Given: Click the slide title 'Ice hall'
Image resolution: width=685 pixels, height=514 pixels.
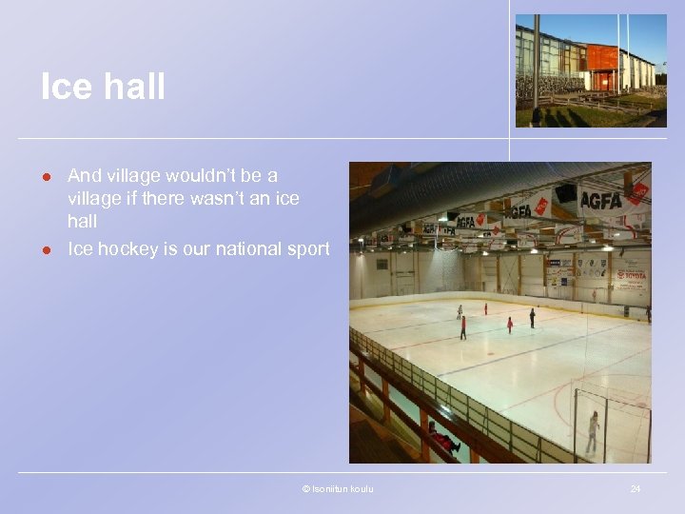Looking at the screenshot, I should pyautogui.click(x=103, y=87).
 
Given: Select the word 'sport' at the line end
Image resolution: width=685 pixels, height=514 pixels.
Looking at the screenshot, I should pyautogui.click(x=308, y=249).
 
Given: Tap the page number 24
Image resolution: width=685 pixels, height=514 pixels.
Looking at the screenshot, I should pyautogui.click(x=635, y=489).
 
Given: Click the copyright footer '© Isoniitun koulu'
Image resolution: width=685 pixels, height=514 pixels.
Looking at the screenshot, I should pyautogui.click(x=338, y=489).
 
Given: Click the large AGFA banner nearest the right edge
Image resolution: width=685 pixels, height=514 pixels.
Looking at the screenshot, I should pyautogui.click(x=600, y=200).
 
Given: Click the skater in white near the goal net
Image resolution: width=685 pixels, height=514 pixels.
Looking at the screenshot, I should pyautogui.click(x=594, y=430).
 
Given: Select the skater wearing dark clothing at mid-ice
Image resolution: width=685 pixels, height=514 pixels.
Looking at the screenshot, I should pyautogui.click(x=532, y=318).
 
